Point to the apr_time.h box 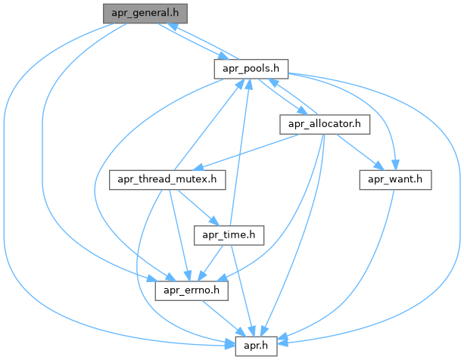(229, 235)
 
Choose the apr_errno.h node (192, 290)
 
